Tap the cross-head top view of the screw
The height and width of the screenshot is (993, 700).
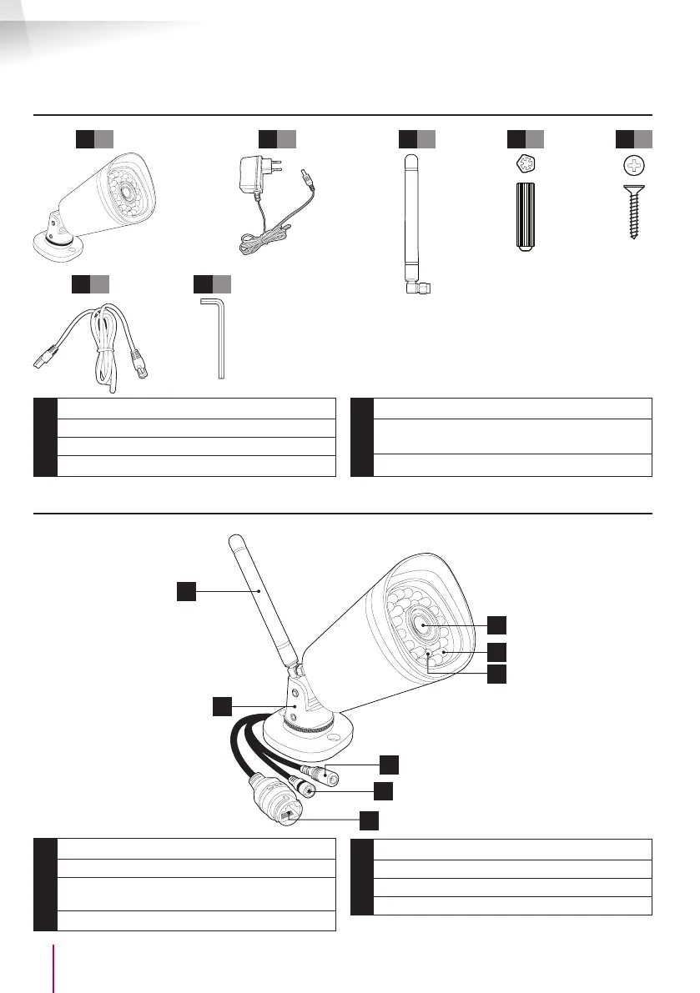634,166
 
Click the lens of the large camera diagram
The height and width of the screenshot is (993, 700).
422,624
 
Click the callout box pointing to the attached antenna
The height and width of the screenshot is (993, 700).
186,591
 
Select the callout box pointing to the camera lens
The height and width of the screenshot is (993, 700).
496,624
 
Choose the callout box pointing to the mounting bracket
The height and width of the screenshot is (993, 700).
221,707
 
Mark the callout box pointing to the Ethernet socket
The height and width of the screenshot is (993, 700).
369,820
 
